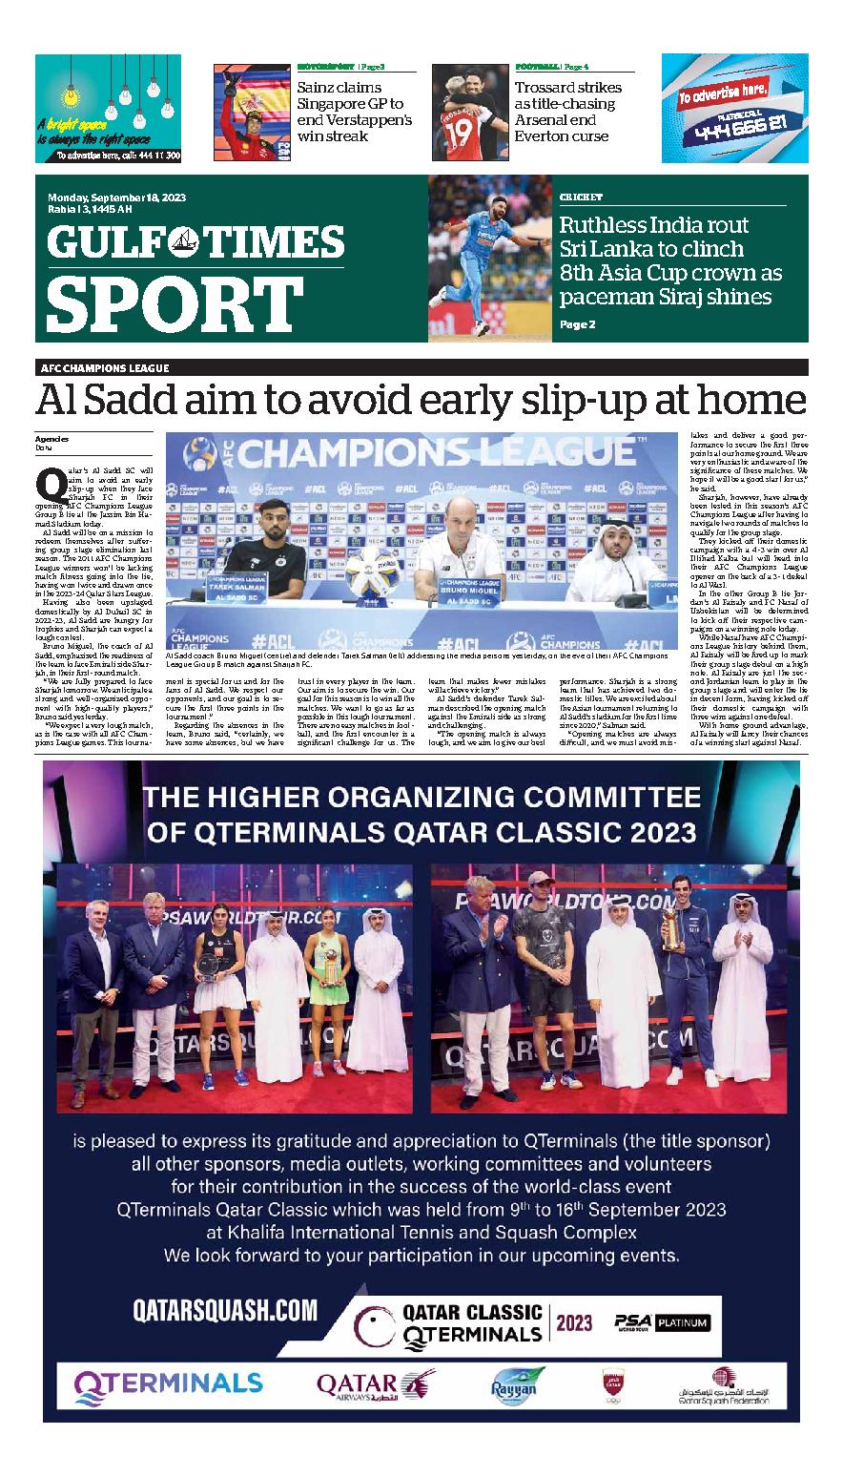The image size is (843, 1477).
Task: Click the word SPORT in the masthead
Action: [175, 303]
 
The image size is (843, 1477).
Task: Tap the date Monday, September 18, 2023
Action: [117, 198]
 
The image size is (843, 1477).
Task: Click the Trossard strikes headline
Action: [567, 112]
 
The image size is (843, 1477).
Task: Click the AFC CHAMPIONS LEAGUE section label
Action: [105, 368]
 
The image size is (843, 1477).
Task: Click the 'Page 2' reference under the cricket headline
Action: [577, 324]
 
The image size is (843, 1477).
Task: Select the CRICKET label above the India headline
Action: [581, 197]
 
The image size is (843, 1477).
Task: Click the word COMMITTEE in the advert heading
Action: [599, 796]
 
